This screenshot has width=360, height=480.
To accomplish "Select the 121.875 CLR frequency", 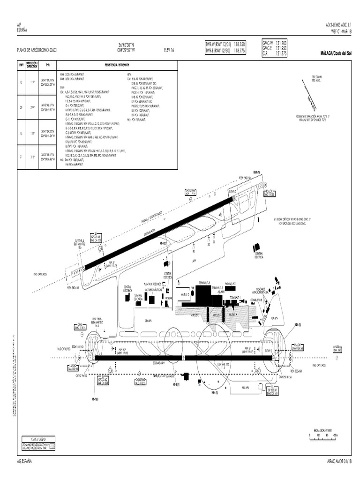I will pos(281,53).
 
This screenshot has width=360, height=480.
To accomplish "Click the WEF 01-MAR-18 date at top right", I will pos(338,31).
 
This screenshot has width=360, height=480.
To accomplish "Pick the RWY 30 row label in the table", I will pos(21,107).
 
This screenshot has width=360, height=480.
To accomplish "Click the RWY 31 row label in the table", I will pos(21,157).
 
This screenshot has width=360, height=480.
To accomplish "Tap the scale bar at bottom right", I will pos(323,435).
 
